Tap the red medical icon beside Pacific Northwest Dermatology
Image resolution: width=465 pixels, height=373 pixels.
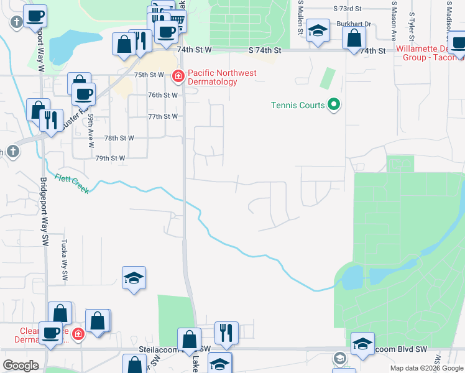click(178, 75)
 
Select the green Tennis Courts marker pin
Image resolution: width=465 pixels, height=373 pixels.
click(334, 104)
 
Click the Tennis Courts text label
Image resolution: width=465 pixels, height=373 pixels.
click(298, 105)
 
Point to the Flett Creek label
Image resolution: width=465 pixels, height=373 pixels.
click(72, 183)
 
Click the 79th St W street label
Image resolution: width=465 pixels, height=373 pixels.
click(110, 159)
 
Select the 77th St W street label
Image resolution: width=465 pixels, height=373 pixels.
click(163, 116)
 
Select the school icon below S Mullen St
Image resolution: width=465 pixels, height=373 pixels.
click(318, 32)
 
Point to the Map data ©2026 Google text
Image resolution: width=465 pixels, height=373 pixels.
click(426, 369)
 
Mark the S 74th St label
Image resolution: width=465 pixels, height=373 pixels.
click(265, 49)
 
